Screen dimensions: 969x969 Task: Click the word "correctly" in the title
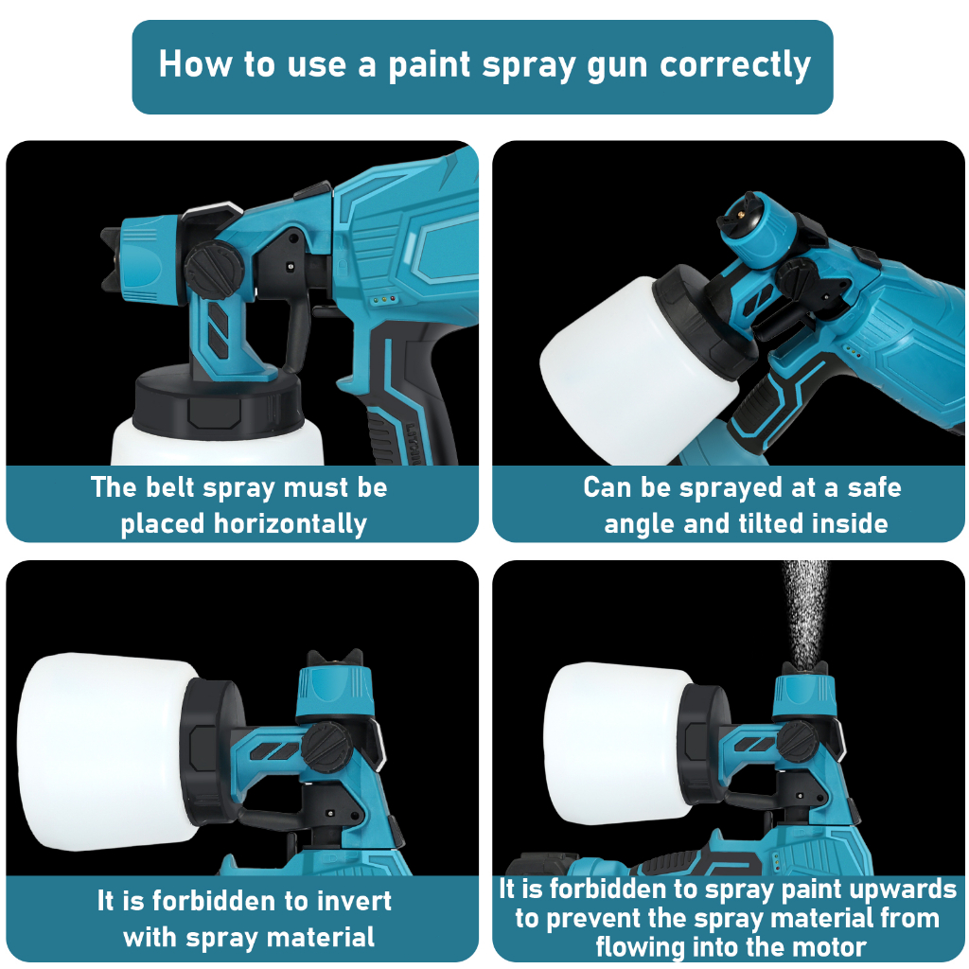pyautogui.click(x=734, y=65)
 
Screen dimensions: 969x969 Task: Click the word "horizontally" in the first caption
pyautogui.click(x=290, y=524)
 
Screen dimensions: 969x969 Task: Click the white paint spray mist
pyautogui.click(x=804, y=612)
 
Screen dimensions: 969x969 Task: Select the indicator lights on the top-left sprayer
pyautogui.click(x=383, y=300)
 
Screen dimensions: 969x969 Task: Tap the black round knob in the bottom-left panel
pyautogui.click(x=326, y=748)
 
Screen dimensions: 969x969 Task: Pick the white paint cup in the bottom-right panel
pyautogui.click(x=618, y=744)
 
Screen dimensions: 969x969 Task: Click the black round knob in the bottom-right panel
pyautogui.click(x=798, y=741)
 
